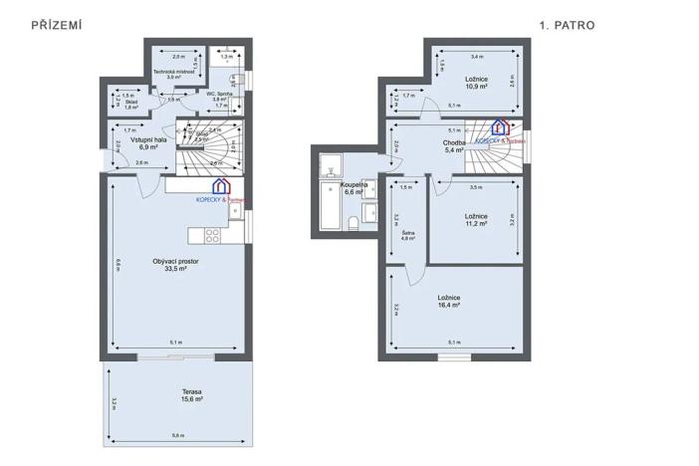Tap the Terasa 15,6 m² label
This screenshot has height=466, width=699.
(179, 395)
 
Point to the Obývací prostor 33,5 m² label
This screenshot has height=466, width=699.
(176, 264)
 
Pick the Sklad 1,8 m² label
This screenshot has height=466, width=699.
(131, 105)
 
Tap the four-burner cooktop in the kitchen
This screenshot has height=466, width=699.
(211, 235)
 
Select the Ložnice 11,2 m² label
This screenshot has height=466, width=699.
(476, 220)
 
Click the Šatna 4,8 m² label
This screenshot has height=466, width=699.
(407, 235)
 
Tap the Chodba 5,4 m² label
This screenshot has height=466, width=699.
(454, 146)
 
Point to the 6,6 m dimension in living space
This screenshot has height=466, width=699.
(117, 263)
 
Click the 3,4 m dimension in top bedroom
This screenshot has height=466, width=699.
(476, 57)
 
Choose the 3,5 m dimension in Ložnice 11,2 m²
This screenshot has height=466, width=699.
(476, 186)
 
